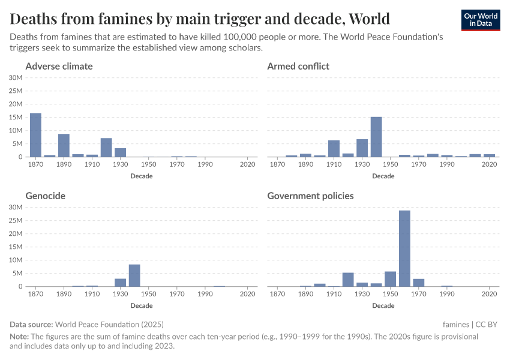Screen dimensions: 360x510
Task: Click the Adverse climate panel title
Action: point(59,66)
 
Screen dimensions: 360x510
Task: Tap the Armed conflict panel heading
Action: point(298,66)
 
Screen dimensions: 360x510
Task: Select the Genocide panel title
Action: point(46,196)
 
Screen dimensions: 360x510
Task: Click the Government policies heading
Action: point(310,196)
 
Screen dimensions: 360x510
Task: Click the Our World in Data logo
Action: point(481,20)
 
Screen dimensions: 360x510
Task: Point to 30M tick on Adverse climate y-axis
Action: point(16,77)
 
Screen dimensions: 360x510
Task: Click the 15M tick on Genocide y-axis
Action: point(16,247)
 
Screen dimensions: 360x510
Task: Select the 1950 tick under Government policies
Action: point(391,294)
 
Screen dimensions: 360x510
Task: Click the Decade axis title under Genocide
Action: point(142,305)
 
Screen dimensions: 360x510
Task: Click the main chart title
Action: point(200,19)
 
